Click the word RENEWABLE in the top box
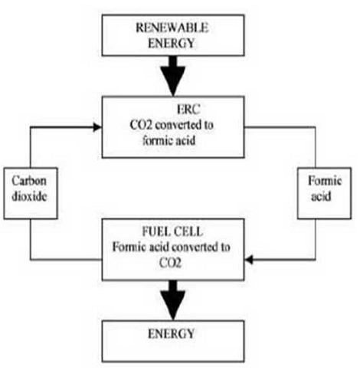tap(172, 28)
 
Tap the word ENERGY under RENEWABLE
tap(172, 43)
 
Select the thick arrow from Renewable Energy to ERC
tap(173, 76)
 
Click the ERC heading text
tap(188, 110)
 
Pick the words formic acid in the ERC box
tap(169, 140)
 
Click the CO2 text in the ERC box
tap(141, 125)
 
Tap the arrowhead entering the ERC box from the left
tap(97, 127)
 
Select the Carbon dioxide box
tap(31, 193)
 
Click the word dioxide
tap(29, 196)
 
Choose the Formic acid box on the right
tap(325, 193)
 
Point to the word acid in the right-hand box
tap(321, 196)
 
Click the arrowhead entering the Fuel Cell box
tap(249, 260)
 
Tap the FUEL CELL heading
tap(172, 231)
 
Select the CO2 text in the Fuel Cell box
tap(170, 263)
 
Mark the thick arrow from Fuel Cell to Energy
tap(173, 300)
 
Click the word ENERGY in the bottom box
tap(172, 333)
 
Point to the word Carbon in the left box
tap(29, 181)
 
